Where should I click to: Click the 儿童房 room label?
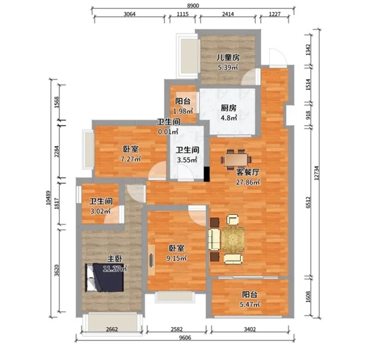[x=228, y=57]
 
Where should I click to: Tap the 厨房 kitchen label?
[x=229, y=108]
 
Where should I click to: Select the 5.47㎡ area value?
[x=250, y=304]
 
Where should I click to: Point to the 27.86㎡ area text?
[x=248, y=182]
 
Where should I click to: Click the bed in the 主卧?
[x=105, y=277]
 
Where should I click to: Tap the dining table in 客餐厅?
[x=236, y=160]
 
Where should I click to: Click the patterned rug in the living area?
[x=233, y=239]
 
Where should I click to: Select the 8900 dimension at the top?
[x=193, y=6]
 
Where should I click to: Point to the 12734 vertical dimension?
[x=316, y=172]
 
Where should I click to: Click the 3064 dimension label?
[x=129, y=14]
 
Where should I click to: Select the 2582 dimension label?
[x=177, y=329]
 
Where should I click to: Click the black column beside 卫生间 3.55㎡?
[x=207, y=174]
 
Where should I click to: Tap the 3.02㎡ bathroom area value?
[x=100, y=211]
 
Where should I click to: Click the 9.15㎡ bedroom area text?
[x=176, y=258]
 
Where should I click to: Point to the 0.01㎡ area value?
[x=168, y=132]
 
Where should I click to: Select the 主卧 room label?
[x=115, y=259]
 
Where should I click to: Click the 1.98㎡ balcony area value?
[x=183, y=111]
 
